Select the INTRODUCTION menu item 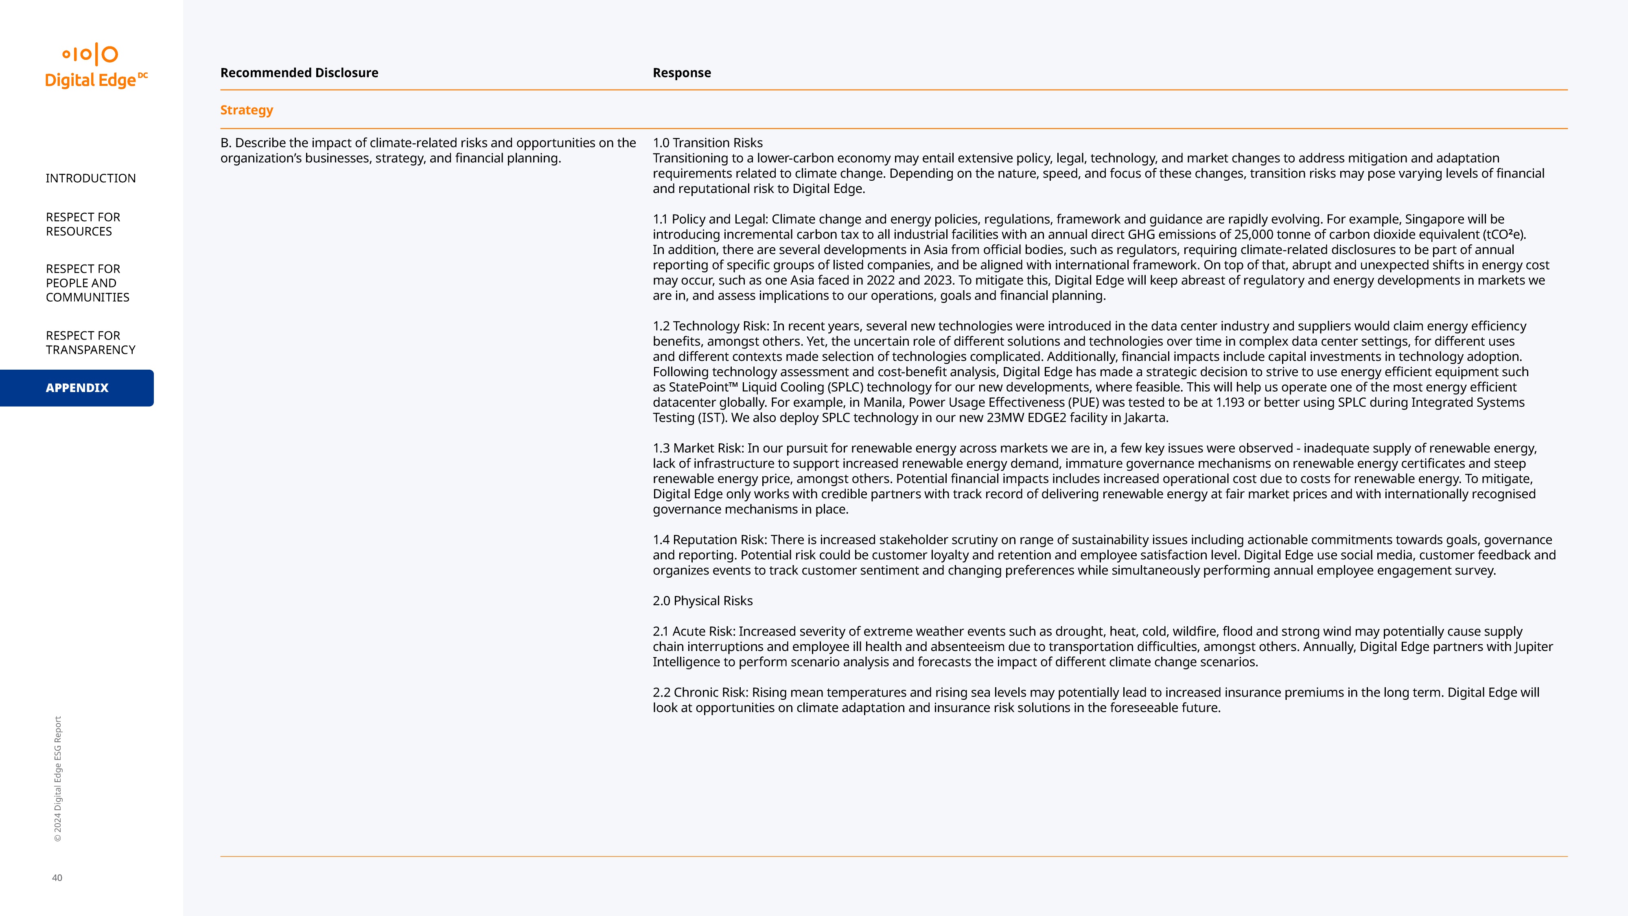coord(90,178)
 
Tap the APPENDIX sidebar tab coord(77,388)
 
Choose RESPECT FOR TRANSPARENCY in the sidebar coord(90,343)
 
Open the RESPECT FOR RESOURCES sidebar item coord(83,224)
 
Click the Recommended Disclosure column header coord(299,73)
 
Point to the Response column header coord(681,73)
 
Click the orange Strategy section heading coord(247,110)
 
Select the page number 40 coord(57,877)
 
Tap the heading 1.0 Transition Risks coord(707,143)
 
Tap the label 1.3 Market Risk coord(698,448)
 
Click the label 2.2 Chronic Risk coord(700,692)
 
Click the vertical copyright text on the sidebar coord(57,779)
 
